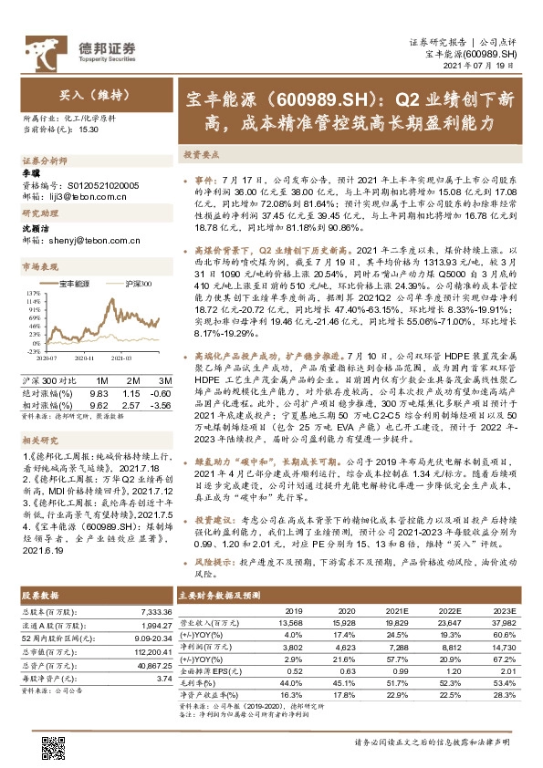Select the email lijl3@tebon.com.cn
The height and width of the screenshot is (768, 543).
81,195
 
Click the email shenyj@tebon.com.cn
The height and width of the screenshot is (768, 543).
86,241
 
